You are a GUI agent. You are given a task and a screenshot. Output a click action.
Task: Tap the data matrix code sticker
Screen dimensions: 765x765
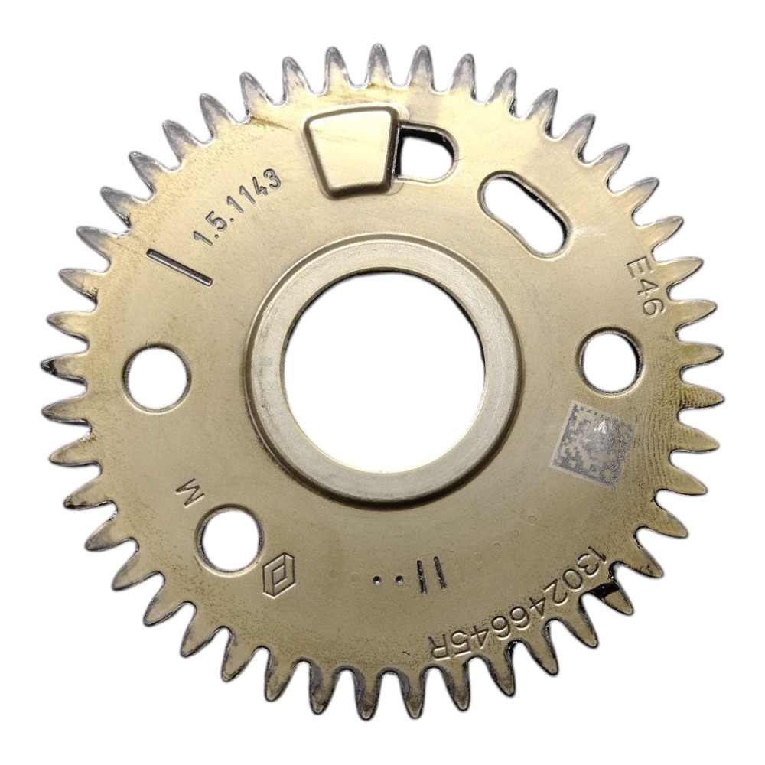click(594, 444)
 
